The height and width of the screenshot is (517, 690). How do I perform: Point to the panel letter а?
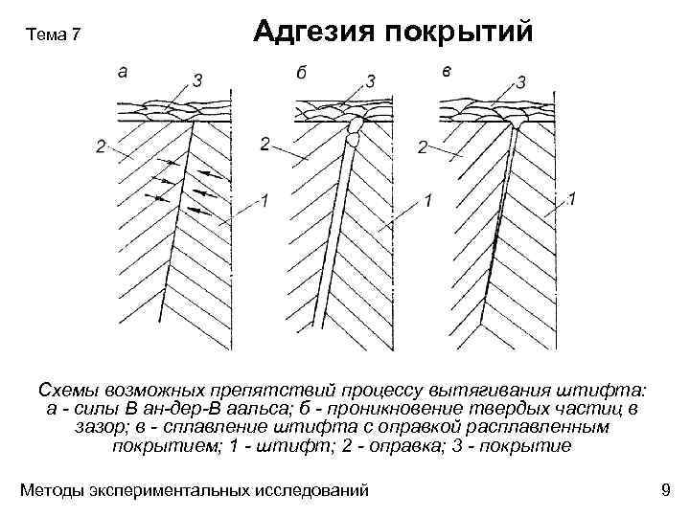(120, 69)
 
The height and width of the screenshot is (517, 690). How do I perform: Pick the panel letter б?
(301, 73)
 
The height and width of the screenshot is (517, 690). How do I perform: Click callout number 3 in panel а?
(196, 81)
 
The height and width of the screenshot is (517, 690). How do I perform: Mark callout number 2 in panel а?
(100, 146)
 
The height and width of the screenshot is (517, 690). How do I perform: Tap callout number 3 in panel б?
(371, 79)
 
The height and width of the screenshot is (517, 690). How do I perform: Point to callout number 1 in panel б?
(427, 201)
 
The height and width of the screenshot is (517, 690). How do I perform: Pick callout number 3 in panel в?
(520, 81)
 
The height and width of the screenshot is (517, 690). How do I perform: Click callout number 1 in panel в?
(572, 199)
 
